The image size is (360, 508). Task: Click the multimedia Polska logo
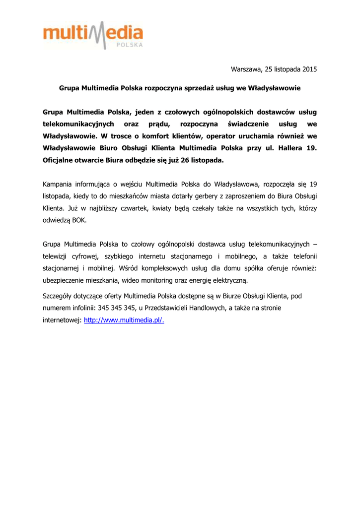pyautogui.click(x=93, y=35)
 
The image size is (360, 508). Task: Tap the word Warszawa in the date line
pyautogui.click(x=246, y=69)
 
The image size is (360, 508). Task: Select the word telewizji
pyautogui.click(x=57, y=256)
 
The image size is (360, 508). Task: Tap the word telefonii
pyautogui.click(x=303, y=256)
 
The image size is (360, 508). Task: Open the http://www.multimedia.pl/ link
pyautogui.click(x=124, y=320)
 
